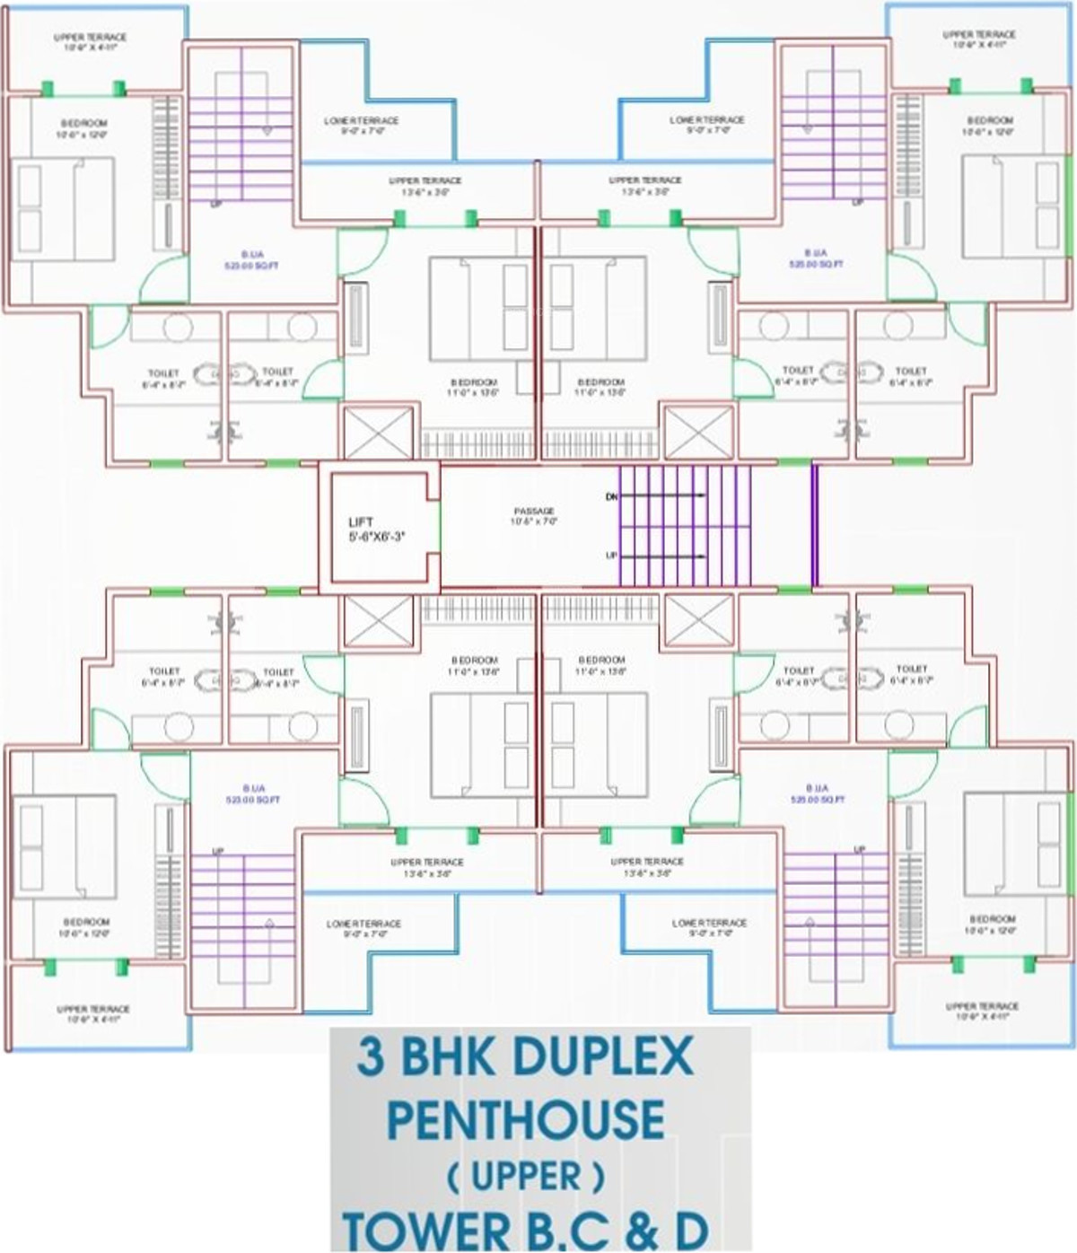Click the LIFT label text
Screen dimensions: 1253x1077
361,522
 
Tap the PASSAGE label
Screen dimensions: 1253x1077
534,511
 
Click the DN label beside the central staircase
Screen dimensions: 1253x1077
611,496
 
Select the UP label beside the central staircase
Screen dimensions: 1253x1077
611,556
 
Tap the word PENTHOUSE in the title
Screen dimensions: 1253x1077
527,1118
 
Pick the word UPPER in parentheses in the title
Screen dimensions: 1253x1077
527,1176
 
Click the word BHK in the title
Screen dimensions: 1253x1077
442,1058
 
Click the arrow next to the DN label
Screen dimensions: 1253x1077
664,496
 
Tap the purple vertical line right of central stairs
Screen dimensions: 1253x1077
815,525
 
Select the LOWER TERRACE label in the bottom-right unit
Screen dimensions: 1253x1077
709,923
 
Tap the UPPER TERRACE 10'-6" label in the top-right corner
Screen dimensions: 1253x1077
979,35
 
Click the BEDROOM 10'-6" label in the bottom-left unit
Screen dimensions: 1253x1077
86,922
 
